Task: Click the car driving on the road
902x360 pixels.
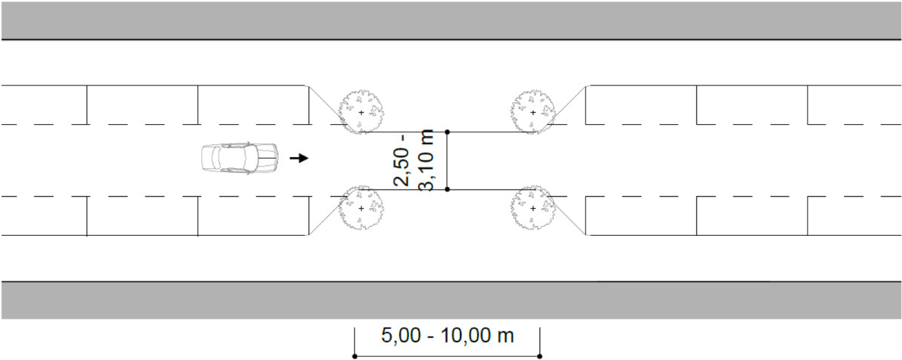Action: (x=240, y=158)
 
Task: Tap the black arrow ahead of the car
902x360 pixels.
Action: (x=299, y=158)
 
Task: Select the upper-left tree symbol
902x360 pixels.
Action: (x=361, y=112)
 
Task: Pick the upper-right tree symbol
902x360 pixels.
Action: (x=533, y=112)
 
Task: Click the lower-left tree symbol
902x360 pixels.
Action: (x=361, y=208)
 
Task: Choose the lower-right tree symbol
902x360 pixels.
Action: (x=533, y=208)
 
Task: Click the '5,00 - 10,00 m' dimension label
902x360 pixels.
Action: (x=448, y=335)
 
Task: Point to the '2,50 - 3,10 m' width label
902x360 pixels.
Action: (x=414, y=161)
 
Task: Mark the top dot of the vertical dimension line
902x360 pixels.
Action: (x=448, y=132)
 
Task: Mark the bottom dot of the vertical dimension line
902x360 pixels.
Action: (x=448, y=189)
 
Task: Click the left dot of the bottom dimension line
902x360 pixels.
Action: (x=354, y=357)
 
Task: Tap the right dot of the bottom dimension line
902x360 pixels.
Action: (x=540, y=357)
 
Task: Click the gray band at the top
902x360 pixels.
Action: (x=451, y=20)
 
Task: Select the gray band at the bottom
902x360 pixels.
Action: (x=451, y=301)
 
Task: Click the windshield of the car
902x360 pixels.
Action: (x=250, y=158)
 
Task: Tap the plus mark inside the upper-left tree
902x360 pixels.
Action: (x=361, y=112)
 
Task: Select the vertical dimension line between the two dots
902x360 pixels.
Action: (x=448, y=161)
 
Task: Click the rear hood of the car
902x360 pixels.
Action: (x=208, y=158)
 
